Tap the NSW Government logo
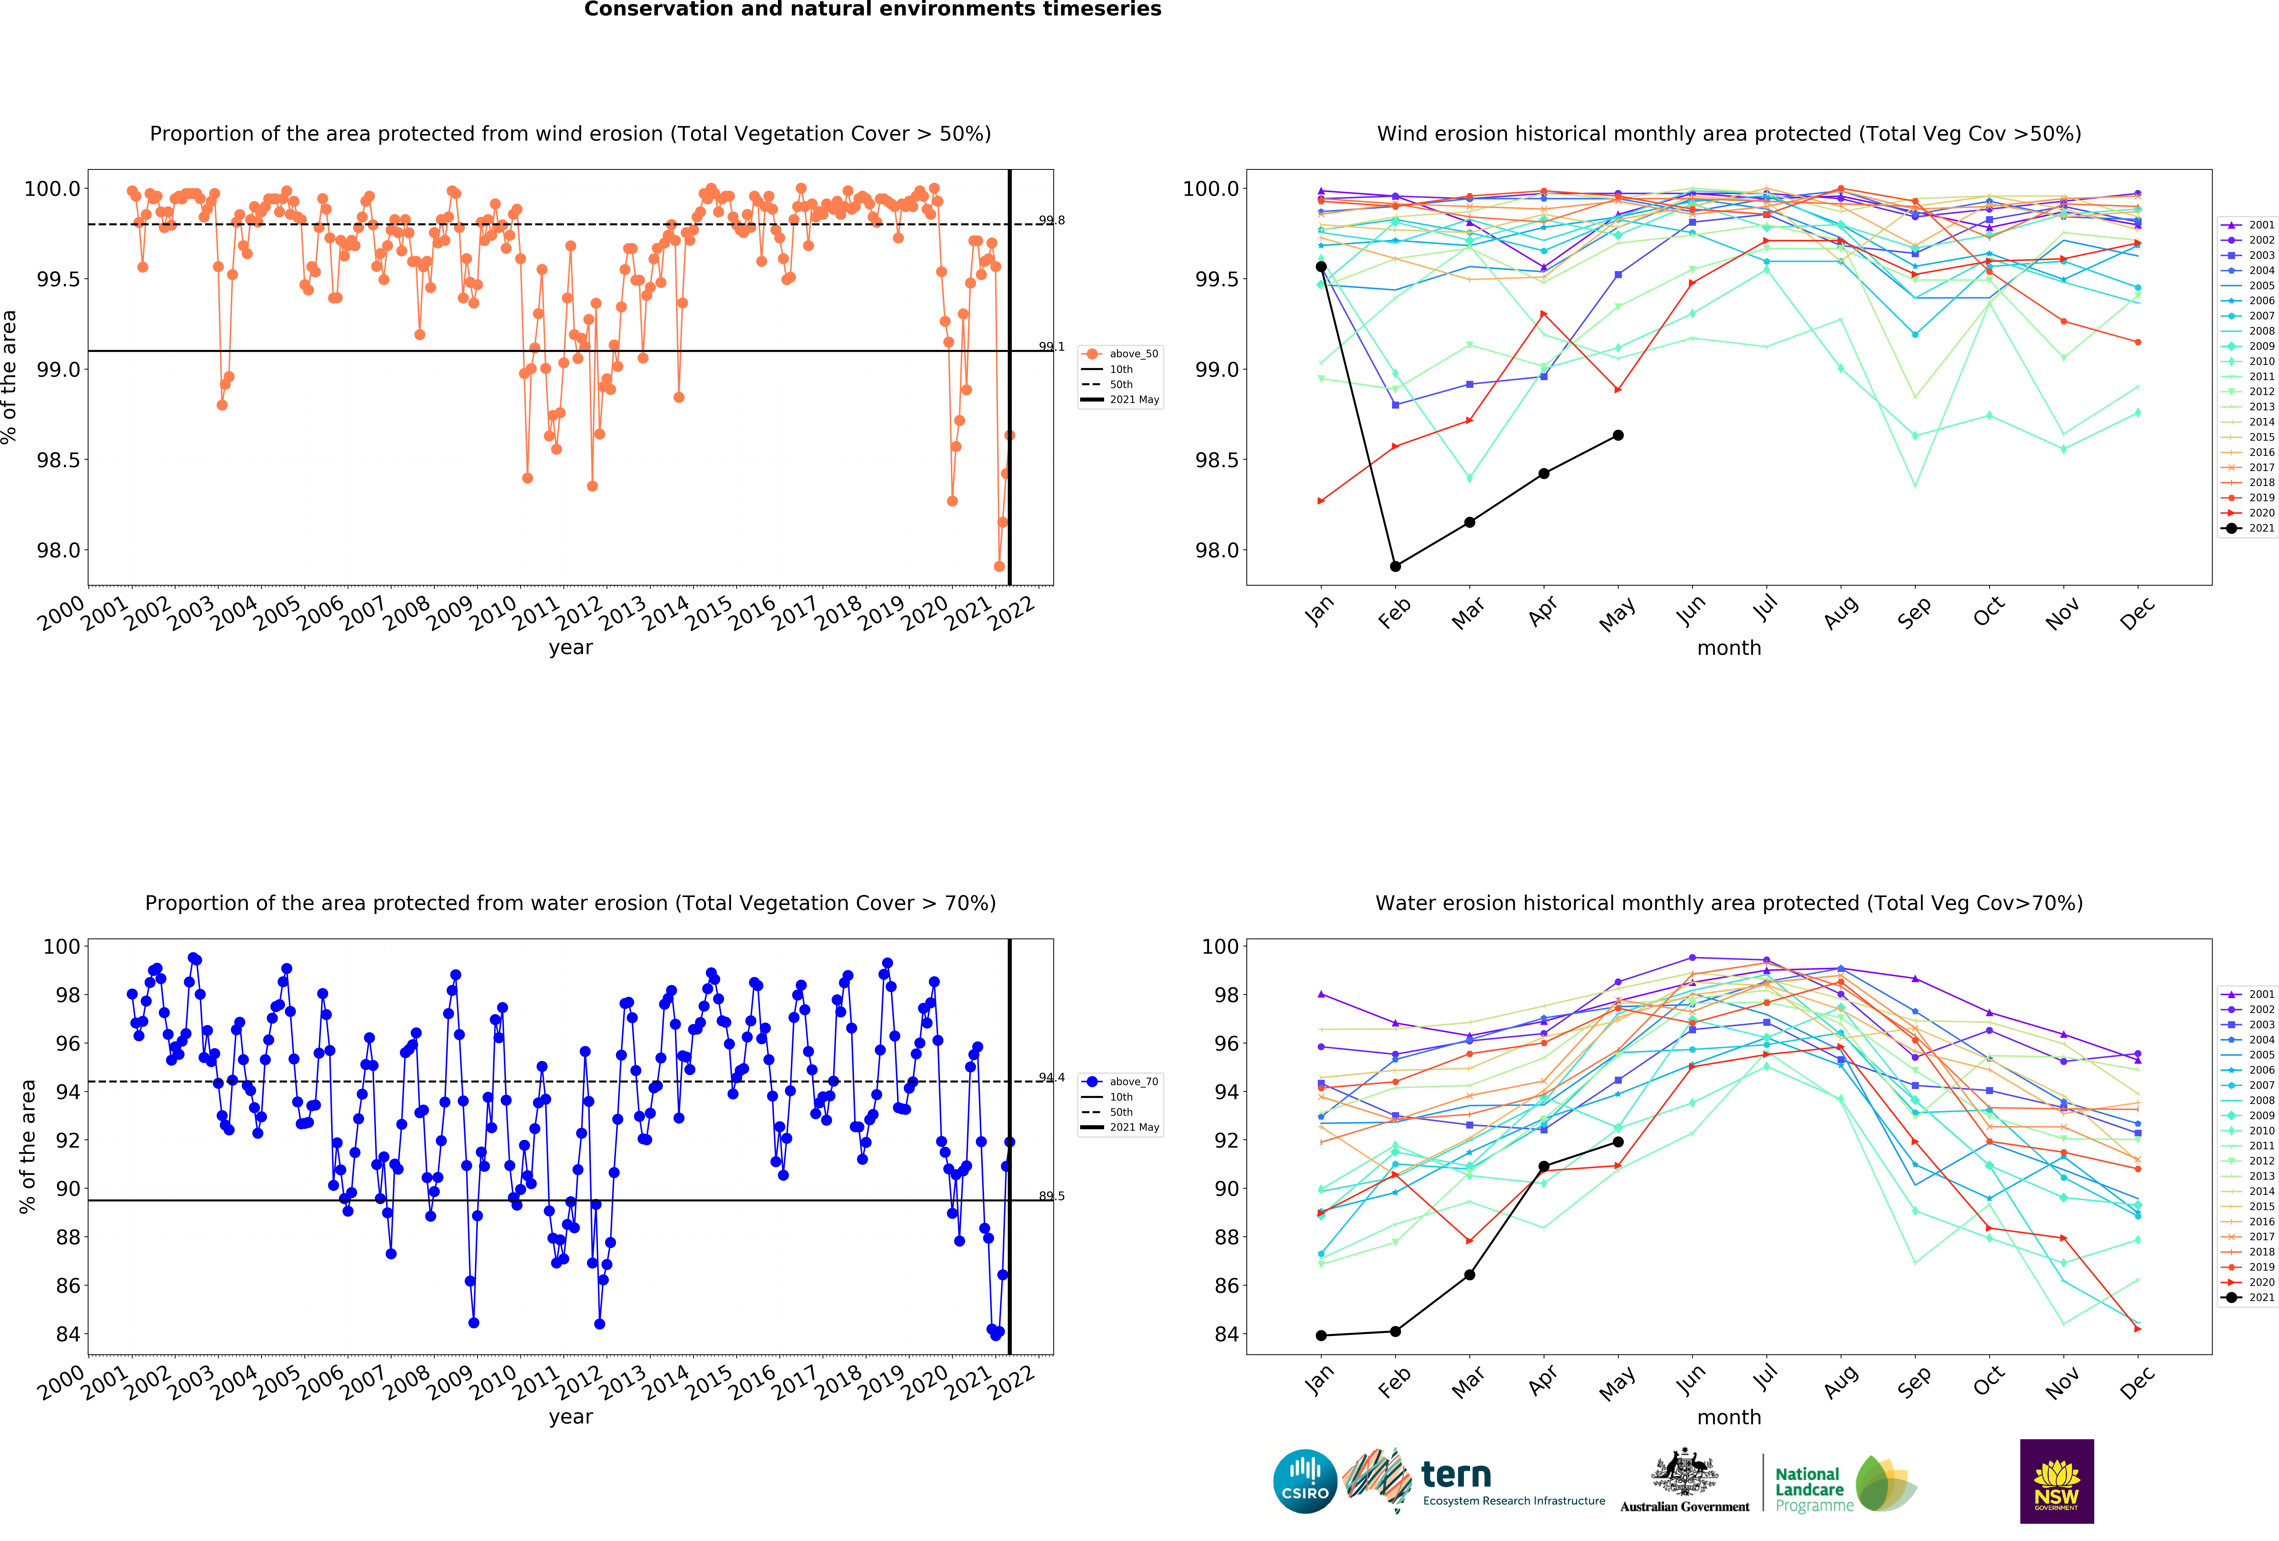2056,1481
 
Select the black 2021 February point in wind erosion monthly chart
1395,566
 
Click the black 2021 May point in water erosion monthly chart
1618,1142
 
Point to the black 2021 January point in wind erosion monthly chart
1321,267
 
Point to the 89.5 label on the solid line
1051,1196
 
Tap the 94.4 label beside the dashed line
1051,1077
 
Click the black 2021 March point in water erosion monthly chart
1469,1274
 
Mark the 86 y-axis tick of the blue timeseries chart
68,1285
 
